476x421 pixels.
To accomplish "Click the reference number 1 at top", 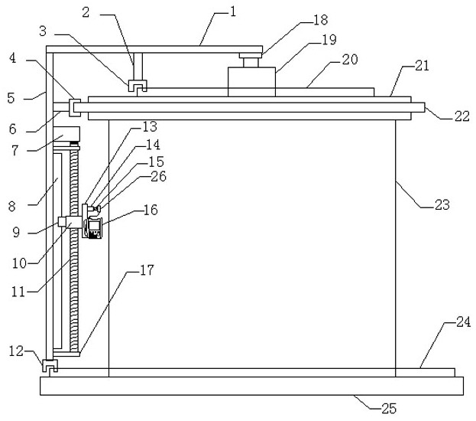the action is click(x=233, y=11).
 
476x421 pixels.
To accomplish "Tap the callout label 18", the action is click(x=321, y=20).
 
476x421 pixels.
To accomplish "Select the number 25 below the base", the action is click(x=389, y=408).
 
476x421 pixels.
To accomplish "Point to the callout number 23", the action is click(x=442, y=204).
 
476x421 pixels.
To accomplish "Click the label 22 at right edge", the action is click(x=461, y=116).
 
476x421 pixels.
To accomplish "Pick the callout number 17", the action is click(x=147, y=270).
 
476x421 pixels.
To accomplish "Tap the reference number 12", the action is click(x=16, y=351).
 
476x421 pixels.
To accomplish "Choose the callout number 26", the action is click(x=159, y=176).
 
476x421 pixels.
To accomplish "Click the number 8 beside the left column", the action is click(x=11, y=206).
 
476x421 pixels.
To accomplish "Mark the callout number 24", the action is click(x=463, y=321).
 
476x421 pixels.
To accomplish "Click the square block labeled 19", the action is click(x=251, y=82).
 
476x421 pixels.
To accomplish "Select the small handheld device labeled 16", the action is click(x=95, y=228).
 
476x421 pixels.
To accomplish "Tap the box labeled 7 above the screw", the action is click(x=66, y=134).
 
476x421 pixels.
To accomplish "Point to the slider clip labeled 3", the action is click(x=138, y=86).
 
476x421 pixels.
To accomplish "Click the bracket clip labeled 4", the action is click(x=75, y=107).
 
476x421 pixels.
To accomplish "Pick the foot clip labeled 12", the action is click(x=50, y=365).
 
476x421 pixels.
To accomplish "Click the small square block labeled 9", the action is click(x=62, y=222).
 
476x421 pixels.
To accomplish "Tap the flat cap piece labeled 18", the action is click(x=251, y=56).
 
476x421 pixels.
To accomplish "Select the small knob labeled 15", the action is click(x=98, y=209).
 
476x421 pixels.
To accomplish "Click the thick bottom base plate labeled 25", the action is click(x=251, y=386).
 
